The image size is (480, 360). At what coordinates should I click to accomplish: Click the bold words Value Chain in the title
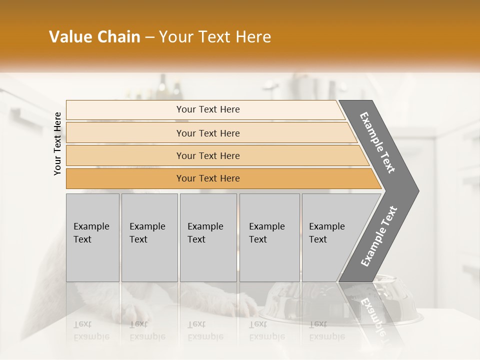94,37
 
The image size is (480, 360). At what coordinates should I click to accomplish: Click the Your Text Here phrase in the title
215,37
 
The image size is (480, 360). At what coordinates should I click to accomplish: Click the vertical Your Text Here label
57,143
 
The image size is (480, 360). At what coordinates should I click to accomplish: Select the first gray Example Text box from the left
92,237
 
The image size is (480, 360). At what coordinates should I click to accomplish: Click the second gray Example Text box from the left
149,237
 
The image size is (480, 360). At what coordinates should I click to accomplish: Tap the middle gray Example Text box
208,237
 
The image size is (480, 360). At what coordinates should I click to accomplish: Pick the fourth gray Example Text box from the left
269,237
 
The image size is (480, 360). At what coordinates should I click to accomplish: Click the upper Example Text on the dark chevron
378,142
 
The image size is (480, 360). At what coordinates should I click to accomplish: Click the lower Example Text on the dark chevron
379,236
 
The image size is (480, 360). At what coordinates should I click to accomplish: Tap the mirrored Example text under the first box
91,336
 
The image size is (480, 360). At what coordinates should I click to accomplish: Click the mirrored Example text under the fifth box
326,336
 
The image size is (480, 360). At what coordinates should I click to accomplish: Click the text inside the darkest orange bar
208,178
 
